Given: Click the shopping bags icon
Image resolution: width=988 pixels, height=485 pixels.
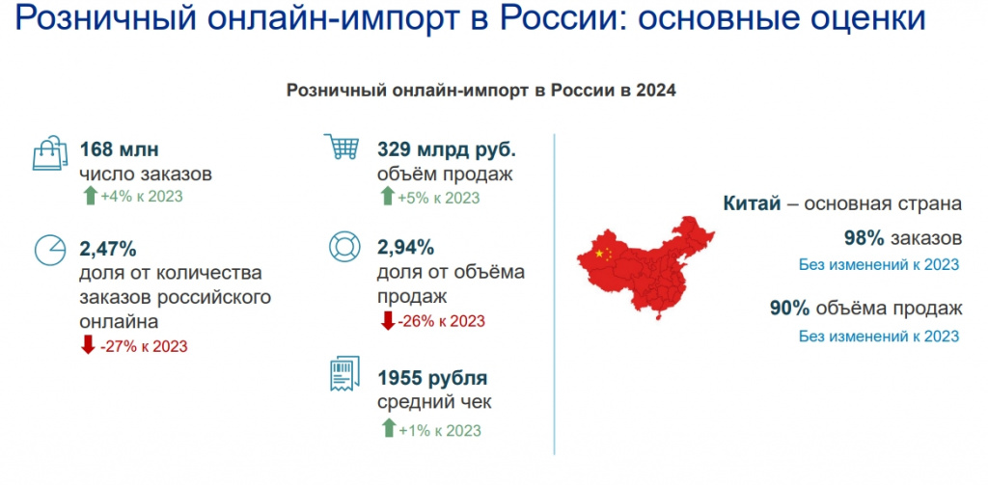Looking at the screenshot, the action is pos(49,153).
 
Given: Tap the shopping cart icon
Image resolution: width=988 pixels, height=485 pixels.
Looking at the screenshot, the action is pos(342,147).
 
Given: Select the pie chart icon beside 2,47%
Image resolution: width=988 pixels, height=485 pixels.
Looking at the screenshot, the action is pos(50,251).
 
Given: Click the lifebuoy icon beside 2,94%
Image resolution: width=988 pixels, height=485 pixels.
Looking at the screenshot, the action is pos(344,247).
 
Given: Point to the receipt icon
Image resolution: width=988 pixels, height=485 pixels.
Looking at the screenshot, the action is pos(344,373).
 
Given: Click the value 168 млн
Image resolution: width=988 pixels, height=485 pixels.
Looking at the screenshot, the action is pos(119,150).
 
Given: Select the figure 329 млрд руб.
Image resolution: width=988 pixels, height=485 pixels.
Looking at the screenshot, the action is pos(447,150).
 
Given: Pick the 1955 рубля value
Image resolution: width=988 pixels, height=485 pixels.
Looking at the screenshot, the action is pos(432,379).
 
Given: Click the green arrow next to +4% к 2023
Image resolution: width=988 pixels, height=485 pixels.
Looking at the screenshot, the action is pos(90,196).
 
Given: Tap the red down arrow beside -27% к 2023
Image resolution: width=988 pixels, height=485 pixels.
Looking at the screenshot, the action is pos(88,344).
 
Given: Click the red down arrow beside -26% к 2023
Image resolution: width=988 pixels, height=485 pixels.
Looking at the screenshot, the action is pos(386,320).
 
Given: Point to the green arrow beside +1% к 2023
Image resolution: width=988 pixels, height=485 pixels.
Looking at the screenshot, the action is pos(388,429).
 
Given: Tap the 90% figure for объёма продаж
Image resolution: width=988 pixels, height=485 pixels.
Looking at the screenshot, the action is pos(790,309).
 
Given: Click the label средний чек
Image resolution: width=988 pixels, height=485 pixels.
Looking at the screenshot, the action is pos(434,402).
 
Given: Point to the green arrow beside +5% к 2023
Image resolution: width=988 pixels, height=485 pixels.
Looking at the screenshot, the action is pos(387,197).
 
